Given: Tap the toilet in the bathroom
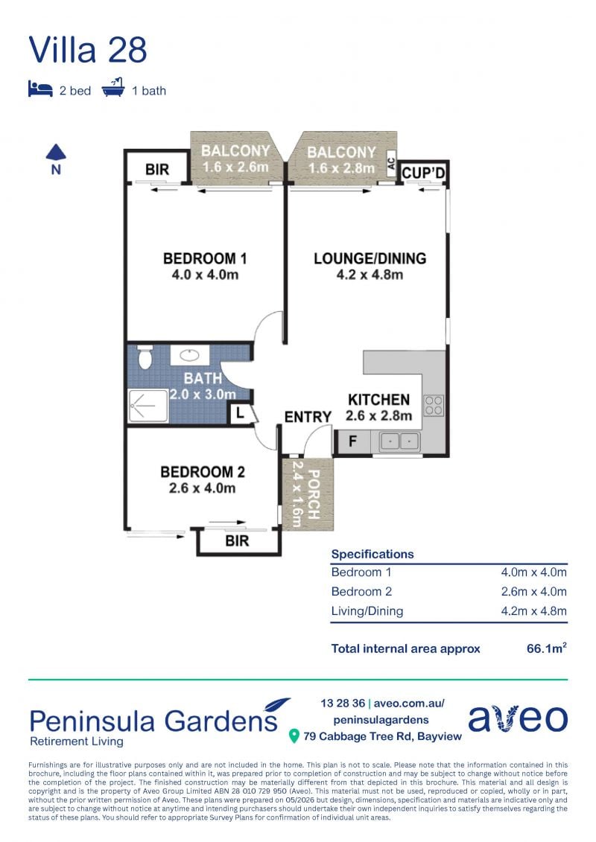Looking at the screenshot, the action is point(145,357).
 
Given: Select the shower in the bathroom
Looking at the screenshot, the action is point(148,406).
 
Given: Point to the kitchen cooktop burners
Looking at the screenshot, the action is point(434,406).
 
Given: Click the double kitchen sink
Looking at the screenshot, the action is point(399,442).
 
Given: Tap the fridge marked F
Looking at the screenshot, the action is point(352,441).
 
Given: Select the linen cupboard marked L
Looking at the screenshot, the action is point(240,414).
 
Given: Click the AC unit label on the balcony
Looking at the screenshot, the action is point(390,162).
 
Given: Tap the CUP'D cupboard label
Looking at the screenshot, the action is point(423,173).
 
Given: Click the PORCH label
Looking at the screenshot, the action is point(313,494).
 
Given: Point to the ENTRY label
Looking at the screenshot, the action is point(308,417).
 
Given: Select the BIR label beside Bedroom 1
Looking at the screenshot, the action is point(157,170).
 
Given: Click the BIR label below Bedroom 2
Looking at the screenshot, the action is point(237,540).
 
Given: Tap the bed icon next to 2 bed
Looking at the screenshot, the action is point(40,89).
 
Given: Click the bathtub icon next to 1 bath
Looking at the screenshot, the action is point(113,88).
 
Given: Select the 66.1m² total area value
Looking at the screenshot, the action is point(547,648).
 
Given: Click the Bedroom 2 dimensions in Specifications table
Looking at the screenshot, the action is point(533,591).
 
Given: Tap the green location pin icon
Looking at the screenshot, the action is point(294,736).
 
